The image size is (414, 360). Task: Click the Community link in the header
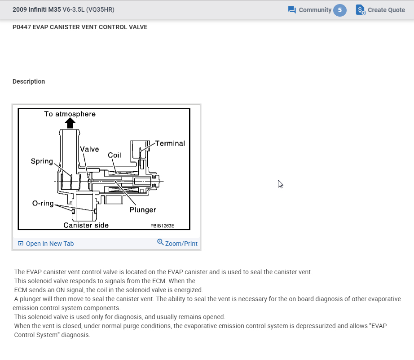point(315,10)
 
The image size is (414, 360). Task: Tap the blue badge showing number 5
point(340,10)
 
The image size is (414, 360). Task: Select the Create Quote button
point(380,10)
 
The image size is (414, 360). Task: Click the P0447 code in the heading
point(22,27)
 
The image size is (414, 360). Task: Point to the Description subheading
point(29,81)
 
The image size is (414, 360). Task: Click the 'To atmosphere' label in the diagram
point(70,114)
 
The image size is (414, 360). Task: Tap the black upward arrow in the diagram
point(70,123)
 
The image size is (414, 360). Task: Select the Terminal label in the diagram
point(170,143)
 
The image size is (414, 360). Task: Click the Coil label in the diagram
point(115,155)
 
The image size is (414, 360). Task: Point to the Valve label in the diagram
point(89,149)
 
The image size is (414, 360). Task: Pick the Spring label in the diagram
point(42,161)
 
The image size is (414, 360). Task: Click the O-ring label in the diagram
point(43,203)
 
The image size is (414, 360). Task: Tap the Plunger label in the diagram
point(143,209)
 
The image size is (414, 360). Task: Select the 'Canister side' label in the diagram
point(86,225)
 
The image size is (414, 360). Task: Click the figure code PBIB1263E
point(162,226)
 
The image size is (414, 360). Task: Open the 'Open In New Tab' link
point(49,244)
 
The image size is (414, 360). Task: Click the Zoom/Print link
point(181,244)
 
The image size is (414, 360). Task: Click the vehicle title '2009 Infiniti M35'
point(37,9)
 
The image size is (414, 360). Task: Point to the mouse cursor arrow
point(280,183)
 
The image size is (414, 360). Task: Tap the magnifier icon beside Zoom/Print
point(160,242)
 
